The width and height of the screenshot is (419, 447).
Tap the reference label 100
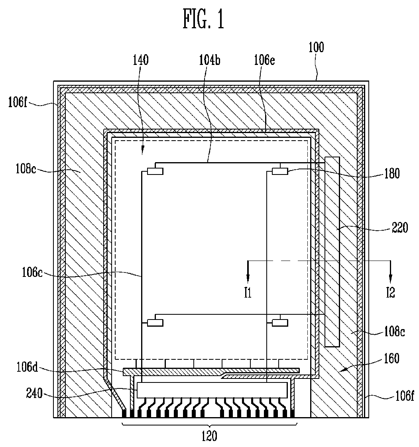(317, 47)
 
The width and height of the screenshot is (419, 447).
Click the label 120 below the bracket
(210, 437)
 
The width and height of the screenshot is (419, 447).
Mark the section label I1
(248, 294)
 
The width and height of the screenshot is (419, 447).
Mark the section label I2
(390, 294)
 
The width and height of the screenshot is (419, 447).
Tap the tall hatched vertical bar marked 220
(332, 251)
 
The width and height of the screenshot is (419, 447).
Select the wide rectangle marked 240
(212, 390)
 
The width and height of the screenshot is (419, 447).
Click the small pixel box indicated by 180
(279, 171)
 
